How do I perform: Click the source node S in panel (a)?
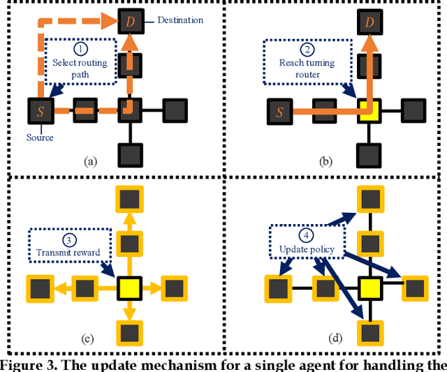tap(40, 110)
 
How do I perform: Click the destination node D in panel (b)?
tap(369, 22)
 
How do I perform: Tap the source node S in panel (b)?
tap(280, 110)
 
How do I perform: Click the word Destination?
tap(181, 20)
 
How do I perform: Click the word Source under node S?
tap(41, 137)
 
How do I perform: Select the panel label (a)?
tap(90, 161)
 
